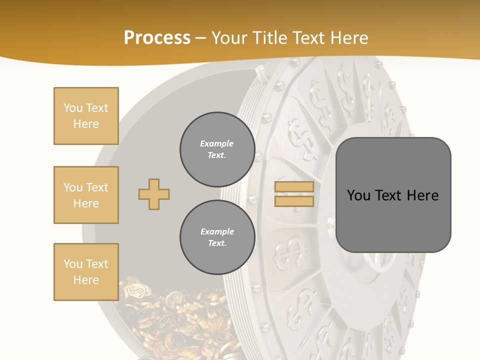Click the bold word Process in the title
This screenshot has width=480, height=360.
[157, 38]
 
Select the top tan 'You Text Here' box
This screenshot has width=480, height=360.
[86, 116]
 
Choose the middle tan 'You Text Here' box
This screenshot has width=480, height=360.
[86, 195]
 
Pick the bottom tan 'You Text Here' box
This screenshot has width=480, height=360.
[86, 272]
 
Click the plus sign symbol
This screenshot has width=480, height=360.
[154, 194]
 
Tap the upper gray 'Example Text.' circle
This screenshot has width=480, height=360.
[217, 149]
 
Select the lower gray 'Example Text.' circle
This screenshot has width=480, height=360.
[217, 237]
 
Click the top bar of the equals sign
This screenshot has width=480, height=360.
[294, 187]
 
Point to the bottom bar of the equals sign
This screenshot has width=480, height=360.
[294, 201]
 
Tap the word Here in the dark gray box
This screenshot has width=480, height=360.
[422, 195]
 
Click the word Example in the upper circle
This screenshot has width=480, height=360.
[217, 144]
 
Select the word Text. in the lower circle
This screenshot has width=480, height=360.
[217, 243]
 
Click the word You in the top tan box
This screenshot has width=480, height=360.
[72, 108]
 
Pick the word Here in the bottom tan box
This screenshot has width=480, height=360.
[86, 280]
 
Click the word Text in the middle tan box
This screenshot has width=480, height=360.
[96, 187]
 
